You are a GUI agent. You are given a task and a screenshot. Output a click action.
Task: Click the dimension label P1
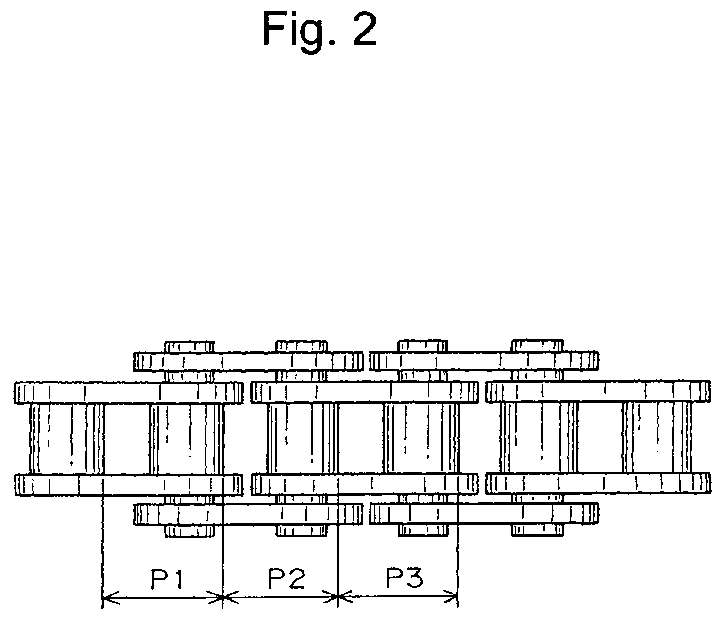[167, 580]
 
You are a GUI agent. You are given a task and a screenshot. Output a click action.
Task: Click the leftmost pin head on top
[189, 347]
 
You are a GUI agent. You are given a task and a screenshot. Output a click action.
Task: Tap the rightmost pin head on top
[537, 345]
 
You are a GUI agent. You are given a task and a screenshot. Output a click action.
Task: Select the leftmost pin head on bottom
[189, 531]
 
